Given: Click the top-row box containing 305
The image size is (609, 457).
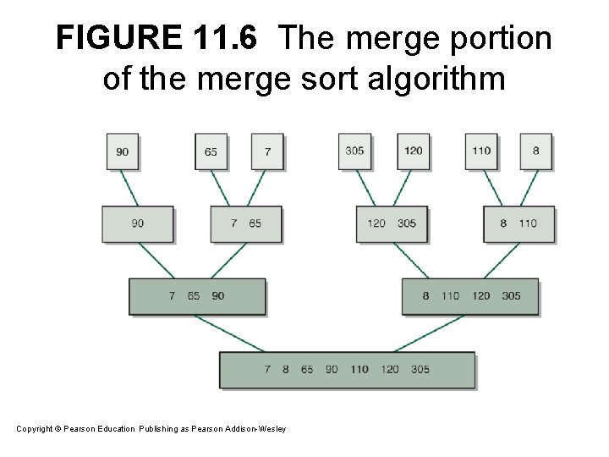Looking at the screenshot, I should coord(354,151).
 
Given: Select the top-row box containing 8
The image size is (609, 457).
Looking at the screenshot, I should coord(535,151).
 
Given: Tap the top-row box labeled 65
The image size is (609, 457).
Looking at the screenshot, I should coord(211,151).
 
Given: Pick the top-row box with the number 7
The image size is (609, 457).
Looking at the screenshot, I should coord(267,151).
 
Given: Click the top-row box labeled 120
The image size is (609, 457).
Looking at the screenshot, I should coord(414,151).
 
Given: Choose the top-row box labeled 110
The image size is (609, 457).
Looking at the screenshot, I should coord(481,151).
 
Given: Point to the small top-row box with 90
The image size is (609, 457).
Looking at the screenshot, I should coord(123,151).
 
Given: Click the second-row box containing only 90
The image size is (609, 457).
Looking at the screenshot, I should coord(137,223).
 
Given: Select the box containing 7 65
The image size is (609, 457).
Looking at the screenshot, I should coord(246,223).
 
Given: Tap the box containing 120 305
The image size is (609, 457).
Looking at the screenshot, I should coord(392,223).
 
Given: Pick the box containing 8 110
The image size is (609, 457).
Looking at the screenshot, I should coord(518,223).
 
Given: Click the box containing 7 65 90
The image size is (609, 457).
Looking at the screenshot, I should coord(196,296).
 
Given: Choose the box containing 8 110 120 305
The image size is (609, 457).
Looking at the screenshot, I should coord(470,296).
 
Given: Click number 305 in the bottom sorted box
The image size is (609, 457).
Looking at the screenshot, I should coord(420,370).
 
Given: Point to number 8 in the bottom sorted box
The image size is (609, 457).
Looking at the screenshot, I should coord(286,370).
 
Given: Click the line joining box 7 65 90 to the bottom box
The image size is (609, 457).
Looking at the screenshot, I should coord(229,333).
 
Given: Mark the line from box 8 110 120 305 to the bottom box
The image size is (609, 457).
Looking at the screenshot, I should coord(429,333).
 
